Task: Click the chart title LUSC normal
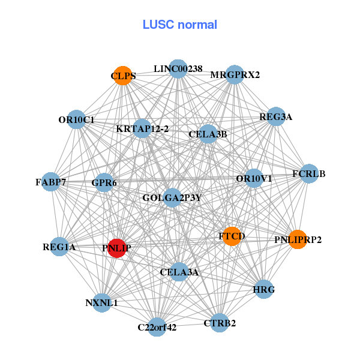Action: tap(180, 25)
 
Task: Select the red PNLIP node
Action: tap(116, 248)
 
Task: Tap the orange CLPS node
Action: tap(123, 76)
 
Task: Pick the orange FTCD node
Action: tap(232, 236)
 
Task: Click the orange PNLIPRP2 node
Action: tap(298, 239)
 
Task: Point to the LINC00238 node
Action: tap(178, 68)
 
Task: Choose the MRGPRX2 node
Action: tap(235, 75)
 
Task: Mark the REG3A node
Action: tap(276, 117)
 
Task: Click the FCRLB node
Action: tap(309, 174)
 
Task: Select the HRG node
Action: tap(264, 289)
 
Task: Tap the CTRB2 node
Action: tap(220, 323)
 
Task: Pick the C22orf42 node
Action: tap(157, 327)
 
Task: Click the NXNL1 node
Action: tap(101, 302)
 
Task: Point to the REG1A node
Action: tap(59, 247)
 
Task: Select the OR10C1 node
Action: tap(76, 119)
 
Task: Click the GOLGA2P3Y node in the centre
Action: tap(172, 197)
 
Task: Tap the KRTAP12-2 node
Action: tap(142, 128)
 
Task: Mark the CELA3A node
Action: tap(179, 272)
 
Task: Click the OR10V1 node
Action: tap(254, 178)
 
